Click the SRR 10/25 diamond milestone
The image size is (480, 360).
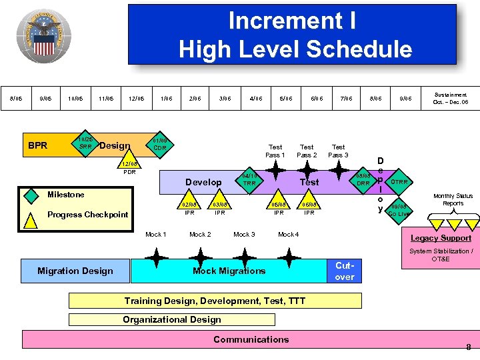point(85,143)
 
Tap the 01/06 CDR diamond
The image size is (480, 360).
point(159,144)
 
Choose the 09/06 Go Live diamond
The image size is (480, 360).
point(399,211)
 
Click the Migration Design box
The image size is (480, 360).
point(75,271)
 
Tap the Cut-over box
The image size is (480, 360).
point(345,271)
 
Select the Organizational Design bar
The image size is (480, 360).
point(172,319)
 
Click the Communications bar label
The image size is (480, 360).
point(251,339)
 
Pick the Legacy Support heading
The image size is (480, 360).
point(441,238)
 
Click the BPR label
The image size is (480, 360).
point(38,145)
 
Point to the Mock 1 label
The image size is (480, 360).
point(155,234)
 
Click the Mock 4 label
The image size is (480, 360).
point(288,234)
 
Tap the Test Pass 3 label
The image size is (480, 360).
point(338,151)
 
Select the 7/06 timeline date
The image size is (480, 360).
point(345,99)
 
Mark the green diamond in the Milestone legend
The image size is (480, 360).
point(31,195)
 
